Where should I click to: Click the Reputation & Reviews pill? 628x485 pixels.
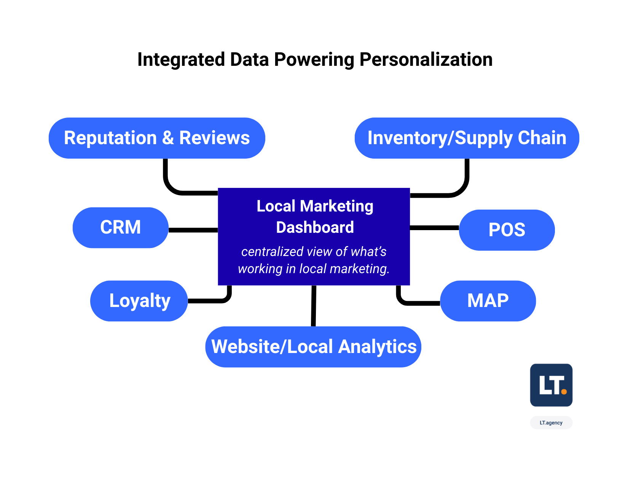(157, 138)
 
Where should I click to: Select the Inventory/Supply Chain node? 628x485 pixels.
(467, 138)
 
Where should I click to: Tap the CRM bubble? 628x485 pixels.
(120, 227)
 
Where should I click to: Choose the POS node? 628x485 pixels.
(507, 230)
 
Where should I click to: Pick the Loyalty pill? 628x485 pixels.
(139, 301)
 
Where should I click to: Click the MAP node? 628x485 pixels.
(488, 301)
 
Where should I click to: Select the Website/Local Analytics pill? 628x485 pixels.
(313, 347)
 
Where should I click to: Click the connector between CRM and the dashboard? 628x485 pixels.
(193, 230)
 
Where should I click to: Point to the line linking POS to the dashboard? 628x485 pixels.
(434, 228)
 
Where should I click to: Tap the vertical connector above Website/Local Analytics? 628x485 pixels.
(314, 306)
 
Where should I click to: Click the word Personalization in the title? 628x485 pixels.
(426, 60)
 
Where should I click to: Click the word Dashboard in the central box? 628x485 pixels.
(315, 227)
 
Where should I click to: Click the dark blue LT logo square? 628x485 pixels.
(551, 385)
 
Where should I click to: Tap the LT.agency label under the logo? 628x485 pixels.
(551, 423)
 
